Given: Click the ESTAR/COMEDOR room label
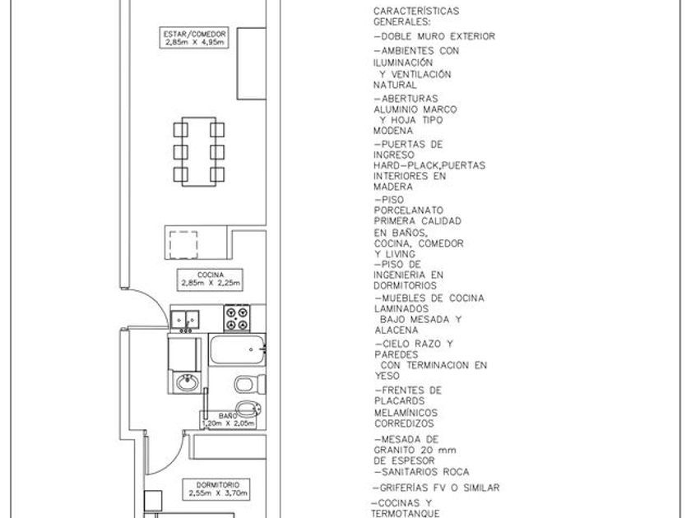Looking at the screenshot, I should pos(194,38).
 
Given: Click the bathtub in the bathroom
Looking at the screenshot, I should pos(238,351).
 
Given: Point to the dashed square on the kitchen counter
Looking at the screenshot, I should pos(183,245).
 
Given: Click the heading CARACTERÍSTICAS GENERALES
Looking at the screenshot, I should pos(416,16).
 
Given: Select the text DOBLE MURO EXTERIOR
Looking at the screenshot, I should pos(434,37).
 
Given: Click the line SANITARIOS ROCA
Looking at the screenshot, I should pos(421,472).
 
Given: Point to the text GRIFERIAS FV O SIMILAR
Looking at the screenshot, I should pos(436,488).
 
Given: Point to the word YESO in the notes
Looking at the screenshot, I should pos(387,375).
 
